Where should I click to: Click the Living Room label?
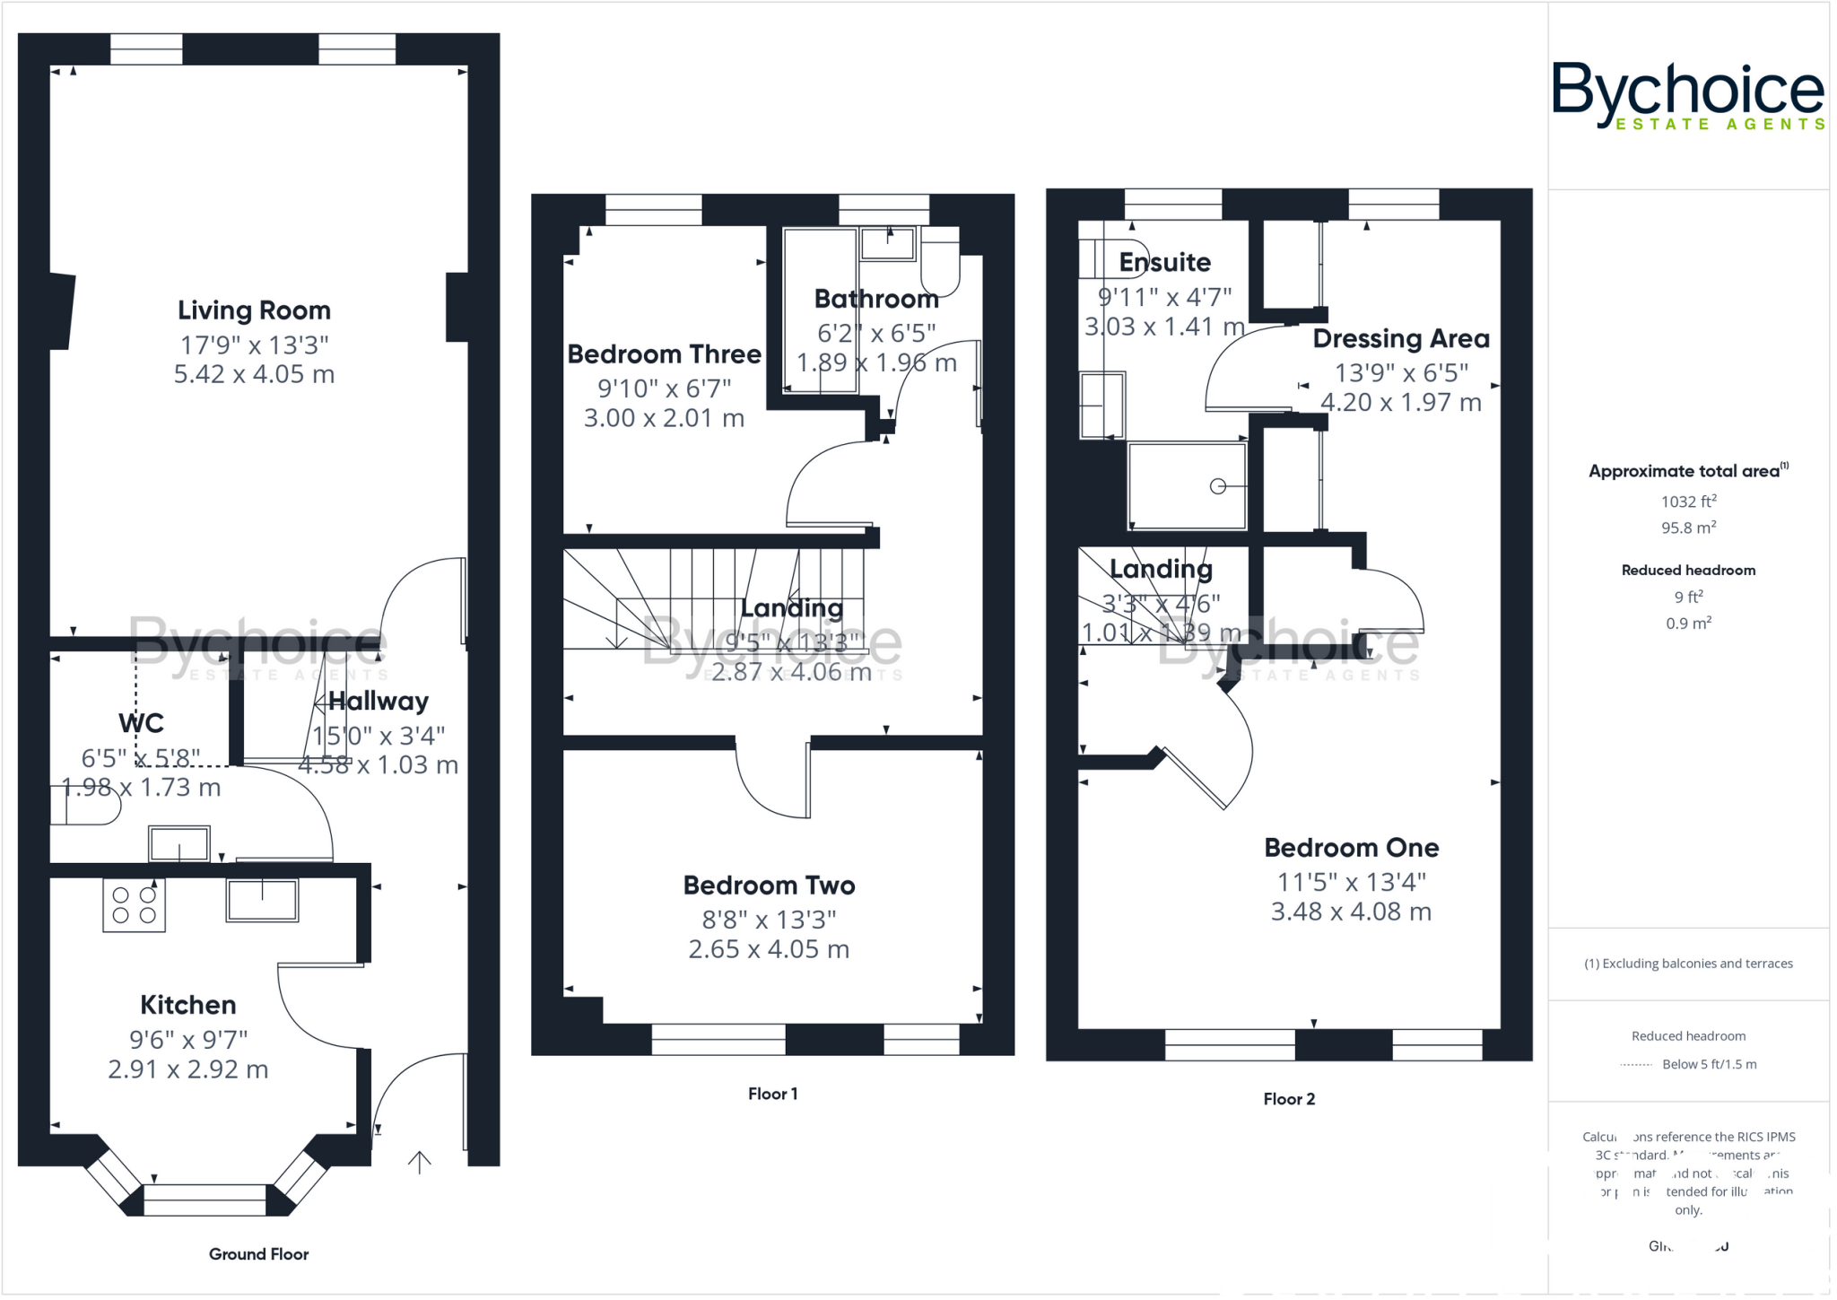(x=254, y=310)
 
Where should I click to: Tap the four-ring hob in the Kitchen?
(x=134, y=905)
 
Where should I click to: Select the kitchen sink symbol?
(x=262, y=900)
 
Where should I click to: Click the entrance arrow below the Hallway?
(x=420, y=1162)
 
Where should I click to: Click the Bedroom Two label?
(x=769, y=886)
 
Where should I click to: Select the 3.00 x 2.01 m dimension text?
(x=664, y=418)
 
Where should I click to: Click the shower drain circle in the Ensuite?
(x=1217, y=486)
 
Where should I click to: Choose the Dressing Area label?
(x=1400, y=339)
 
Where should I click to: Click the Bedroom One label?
(x=1351, y=848)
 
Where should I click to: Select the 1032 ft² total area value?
(x=1688, y=502)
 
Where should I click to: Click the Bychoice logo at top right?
(x=1688, y=95)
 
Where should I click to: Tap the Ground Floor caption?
(x=258, y=1254)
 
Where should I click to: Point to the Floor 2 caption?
(x=1288, y=1099)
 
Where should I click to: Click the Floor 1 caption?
(x=772, y=1094)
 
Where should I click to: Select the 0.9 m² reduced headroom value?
(x=1688, y=624)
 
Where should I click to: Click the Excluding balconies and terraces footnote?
(x=1688, y=964)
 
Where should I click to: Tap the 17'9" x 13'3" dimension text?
(x=254, y=345)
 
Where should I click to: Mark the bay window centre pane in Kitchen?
(x=205, y=1200)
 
